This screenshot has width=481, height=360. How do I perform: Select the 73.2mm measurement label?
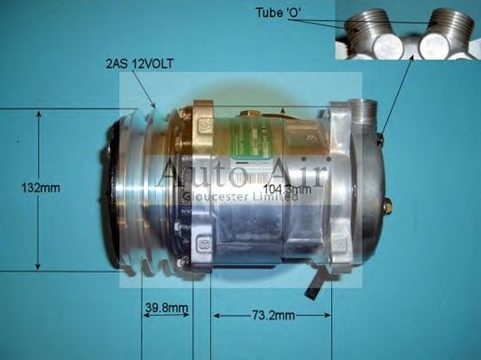[x=272, y=316]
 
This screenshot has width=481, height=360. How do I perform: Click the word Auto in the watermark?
[x=193, y=171]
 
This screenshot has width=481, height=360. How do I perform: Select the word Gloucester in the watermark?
[x=211, y=197]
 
